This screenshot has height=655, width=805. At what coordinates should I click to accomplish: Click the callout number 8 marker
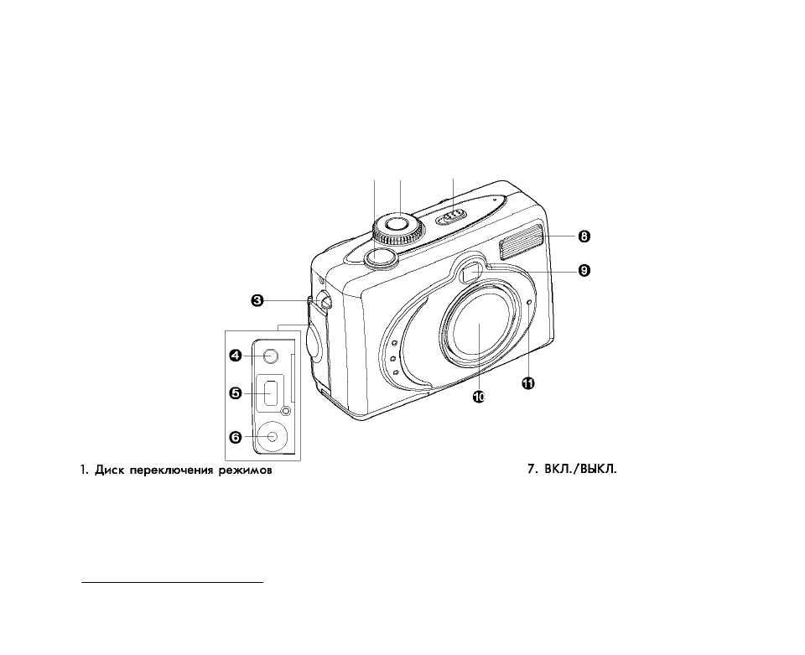click(x=584, y=237)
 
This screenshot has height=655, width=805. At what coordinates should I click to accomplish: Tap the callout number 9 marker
click(x=584, y=270)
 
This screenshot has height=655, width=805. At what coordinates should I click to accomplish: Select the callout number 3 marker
click(x=257, y=300)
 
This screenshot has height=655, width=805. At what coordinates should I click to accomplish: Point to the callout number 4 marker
click(x=235, y=356)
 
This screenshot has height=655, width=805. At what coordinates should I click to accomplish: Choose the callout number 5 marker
click(x=235, y=393)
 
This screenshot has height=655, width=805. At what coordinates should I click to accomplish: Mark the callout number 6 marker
click(x=235, y=437)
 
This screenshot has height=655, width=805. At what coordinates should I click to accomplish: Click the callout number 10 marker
click(x=479, y=397)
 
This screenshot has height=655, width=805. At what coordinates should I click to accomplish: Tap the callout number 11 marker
click(x=528, y=383)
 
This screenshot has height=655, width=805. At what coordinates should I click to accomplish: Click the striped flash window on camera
click(x=520, y=241)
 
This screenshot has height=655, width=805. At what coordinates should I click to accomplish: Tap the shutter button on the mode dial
click(x=397, y=223)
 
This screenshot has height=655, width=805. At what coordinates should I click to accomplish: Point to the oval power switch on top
click(x=451, y=216)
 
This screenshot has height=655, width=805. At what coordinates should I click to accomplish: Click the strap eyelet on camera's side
click(x=325, y=301)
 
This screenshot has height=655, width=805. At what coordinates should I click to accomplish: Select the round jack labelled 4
click(x=270, y=356)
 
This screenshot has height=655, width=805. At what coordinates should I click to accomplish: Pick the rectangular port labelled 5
click(x=272, y=393)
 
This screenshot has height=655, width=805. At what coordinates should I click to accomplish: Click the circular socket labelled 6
click(x=273, y=437)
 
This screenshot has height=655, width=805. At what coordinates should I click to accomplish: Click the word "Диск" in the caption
click(x=109, y=470)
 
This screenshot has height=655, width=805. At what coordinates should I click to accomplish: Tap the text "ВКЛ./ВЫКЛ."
click(x=580, y=469)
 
